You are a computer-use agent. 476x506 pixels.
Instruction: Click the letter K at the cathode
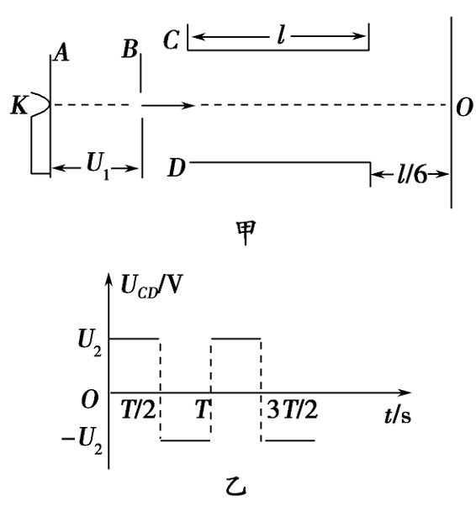pos(19,105)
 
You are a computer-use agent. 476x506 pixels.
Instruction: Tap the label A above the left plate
pos(61,53)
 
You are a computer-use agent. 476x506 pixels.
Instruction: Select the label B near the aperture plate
pos(130,50)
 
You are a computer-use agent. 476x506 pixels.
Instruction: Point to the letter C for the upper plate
pos(171,40)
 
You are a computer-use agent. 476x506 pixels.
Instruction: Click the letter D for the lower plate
pos(177,168)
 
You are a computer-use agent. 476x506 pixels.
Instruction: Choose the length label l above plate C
pos(281,35)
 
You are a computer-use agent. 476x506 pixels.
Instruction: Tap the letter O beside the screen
pos(464,108)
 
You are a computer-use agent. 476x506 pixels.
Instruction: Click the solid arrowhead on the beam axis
pos(188,105)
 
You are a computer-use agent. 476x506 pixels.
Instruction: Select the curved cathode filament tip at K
pos(41,104)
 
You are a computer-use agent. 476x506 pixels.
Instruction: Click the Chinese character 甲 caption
pos(246,233)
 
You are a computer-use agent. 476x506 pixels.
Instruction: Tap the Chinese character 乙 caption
pos(236,487)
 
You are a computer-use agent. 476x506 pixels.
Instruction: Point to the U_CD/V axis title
pos(151,285)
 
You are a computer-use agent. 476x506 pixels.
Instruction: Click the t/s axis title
pos(398,415)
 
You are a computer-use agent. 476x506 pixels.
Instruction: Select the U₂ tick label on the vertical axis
pos(90,343)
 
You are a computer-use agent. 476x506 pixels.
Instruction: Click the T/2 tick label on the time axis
pos(139,409)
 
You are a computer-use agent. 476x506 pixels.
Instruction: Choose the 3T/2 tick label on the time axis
pos(293,409)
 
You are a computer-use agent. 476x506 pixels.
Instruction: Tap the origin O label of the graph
pos(90,400)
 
